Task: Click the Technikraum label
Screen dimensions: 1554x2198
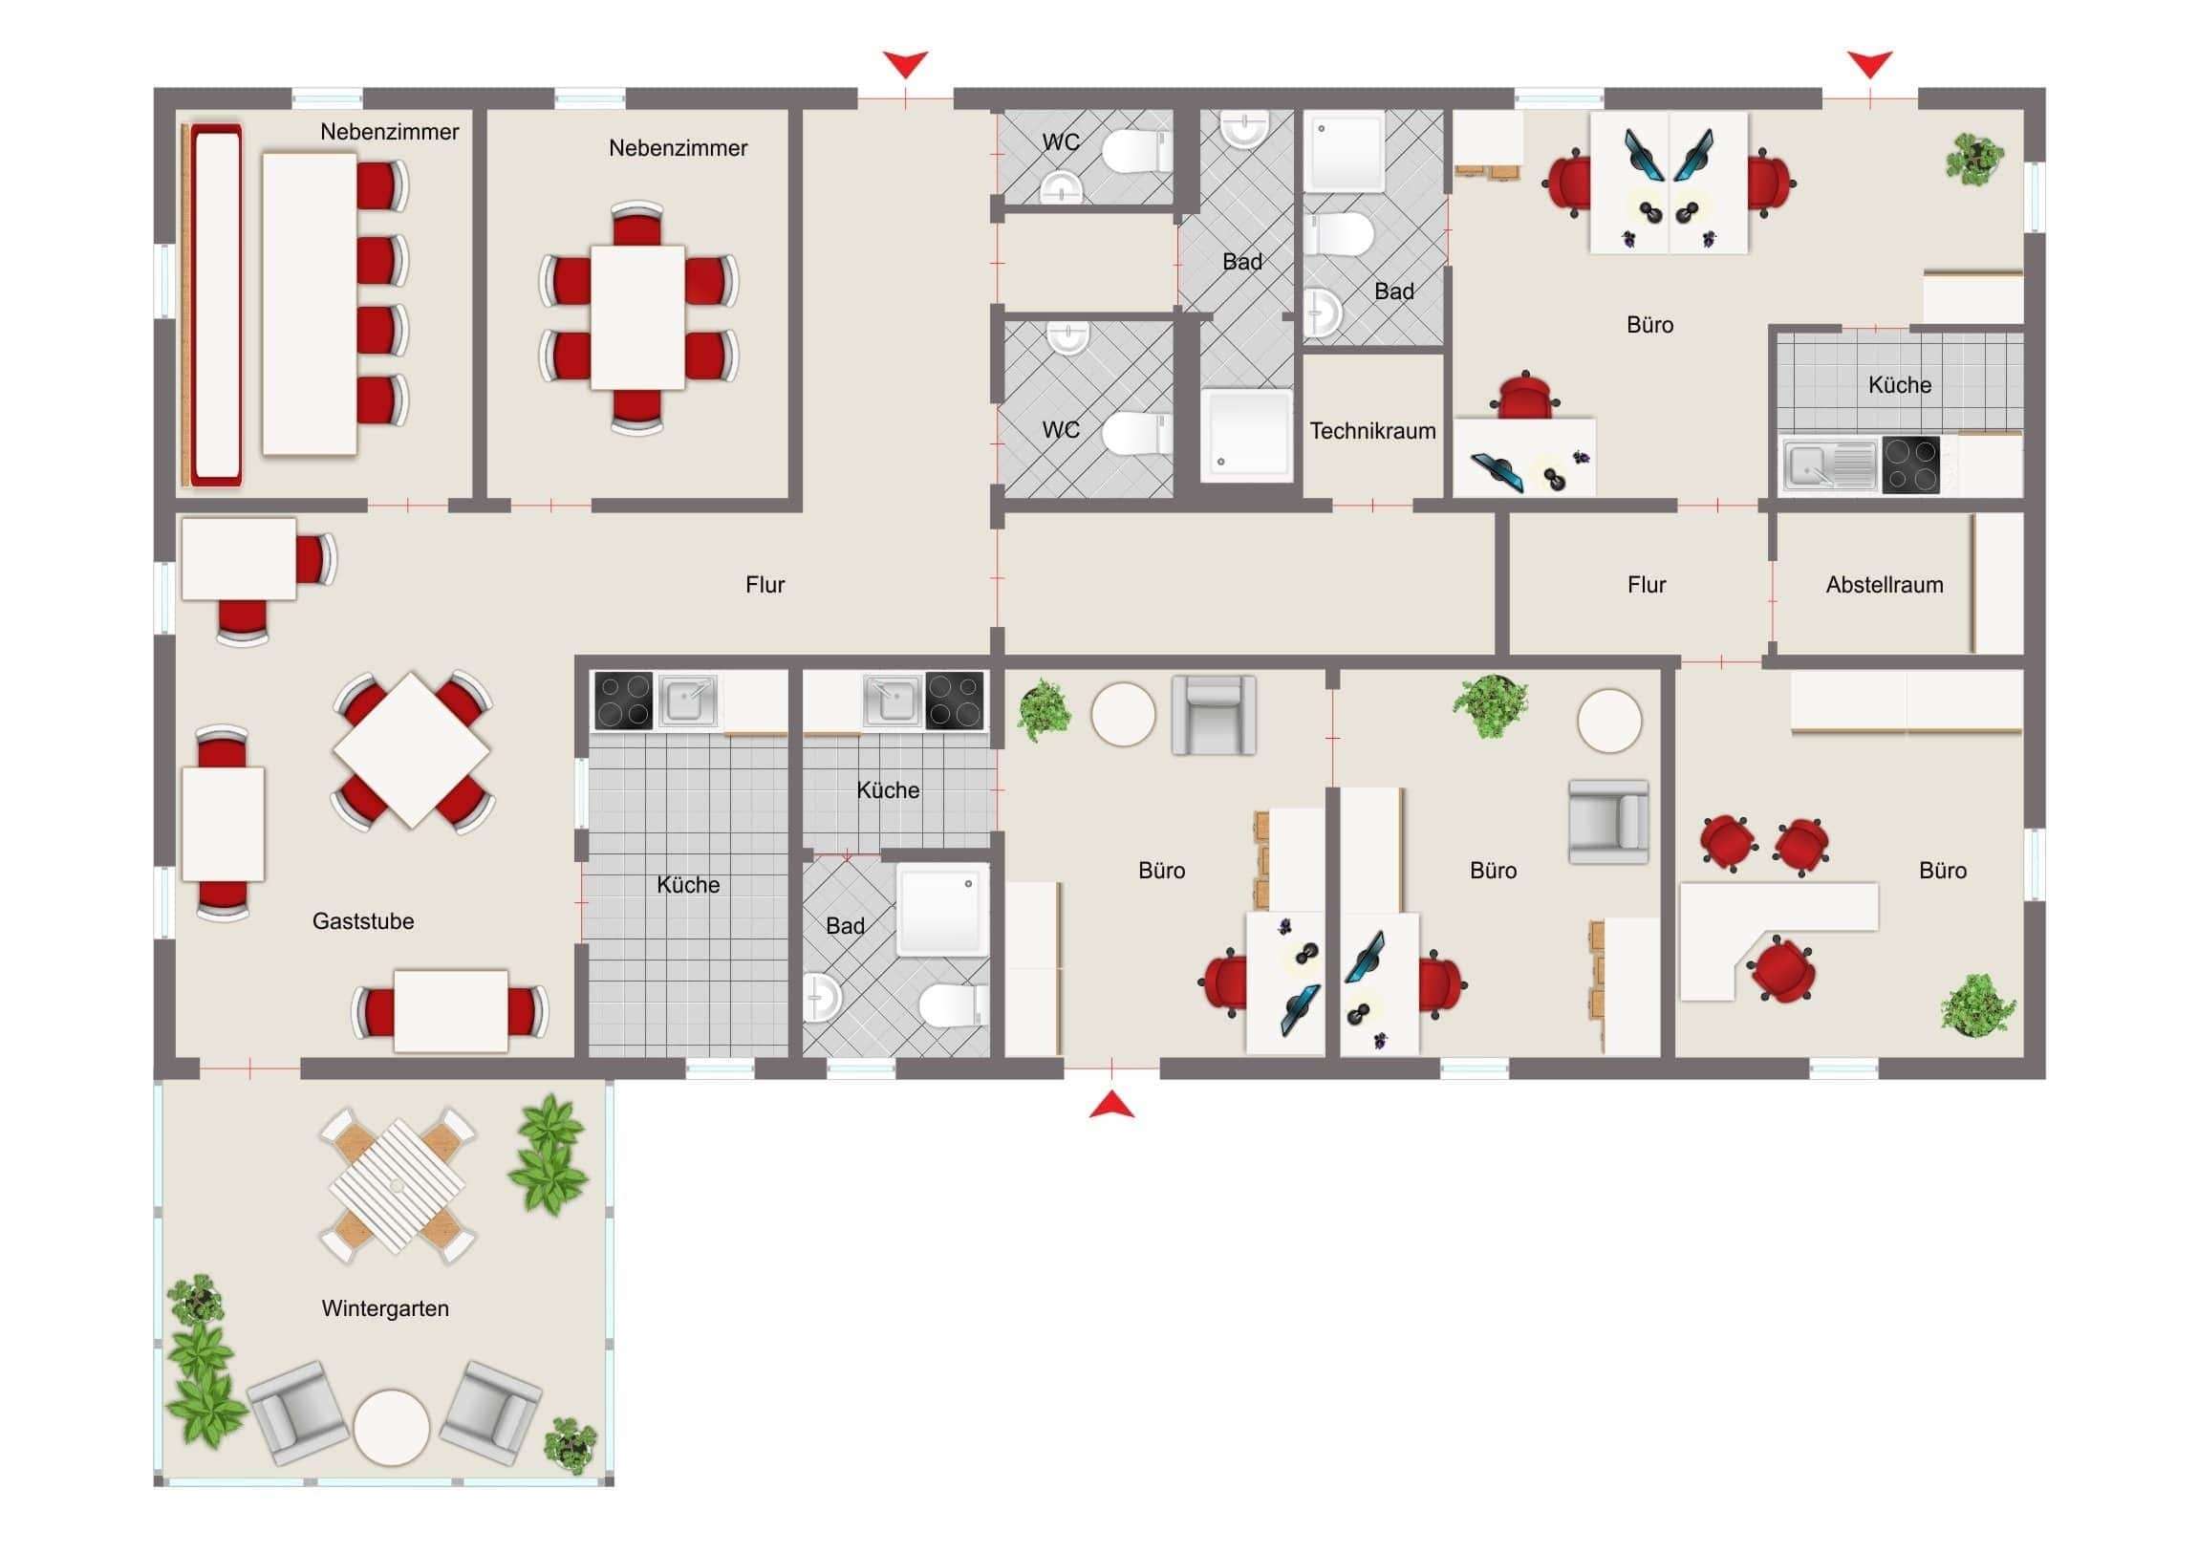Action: (1371, 431)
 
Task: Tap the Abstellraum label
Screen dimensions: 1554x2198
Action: (1883, 585)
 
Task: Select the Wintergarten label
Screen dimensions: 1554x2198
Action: (385, 1308)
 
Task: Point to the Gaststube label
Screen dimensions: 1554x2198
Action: (363, 921)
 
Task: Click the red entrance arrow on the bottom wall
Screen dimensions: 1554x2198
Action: (1111, 1106)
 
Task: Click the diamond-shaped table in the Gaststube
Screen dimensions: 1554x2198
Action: (413, 749)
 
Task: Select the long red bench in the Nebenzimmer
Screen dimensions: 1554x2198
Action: (215, 305)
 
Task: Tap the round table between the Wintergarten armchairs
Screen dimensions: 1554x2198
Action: (392, 1427)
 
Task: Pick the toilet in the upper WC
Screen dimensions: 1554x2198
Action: (1135, 151)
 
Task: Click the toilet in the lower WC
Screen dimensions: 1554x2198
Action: (1135, 434)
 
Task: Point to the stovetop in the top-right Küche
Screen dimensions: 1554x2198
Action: (1909, 465)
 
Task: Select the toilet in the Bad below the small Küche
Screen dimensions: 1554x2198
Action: (952, 1004)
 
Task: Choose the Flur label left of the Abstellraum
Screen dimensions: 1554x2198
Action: (1646, 585)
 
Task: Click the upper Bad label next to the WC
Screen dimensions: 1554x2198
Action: (1241, 262)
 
